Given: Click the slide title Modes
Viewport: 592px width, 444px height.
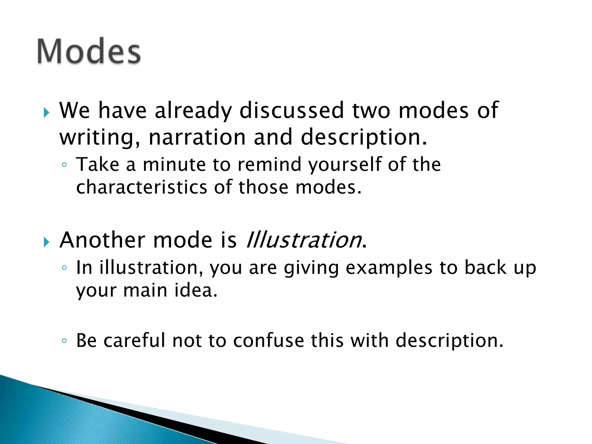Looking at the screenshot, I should (x=89, y=51).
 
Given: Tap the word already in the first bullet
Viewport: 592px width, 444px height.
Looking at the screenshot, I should (x=193, y=111).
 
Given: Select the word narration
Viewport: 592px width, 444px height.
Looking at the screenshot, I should (x=197, y=137).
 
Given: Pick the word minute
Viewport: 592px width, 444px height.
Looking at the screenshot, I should (x=174, y=164).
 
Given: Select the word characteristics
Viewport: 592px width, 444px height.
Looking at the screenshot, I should (x=142, y=187).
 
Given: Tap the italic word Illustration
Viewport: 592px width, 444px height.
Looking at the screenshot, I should (x=304, y=240).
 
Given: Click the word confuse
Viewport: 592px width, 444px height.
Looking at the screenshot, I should (x=269, y=340).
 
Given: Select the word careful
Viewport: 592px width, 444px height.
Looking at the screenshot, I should (x=134, y=340).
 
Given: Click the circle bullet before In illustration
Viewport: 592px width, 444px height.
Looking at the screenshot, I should (x=64, y=268).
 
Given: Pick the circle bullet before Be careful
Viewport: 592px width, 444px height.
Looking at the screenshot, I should (x=64, y=341).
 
